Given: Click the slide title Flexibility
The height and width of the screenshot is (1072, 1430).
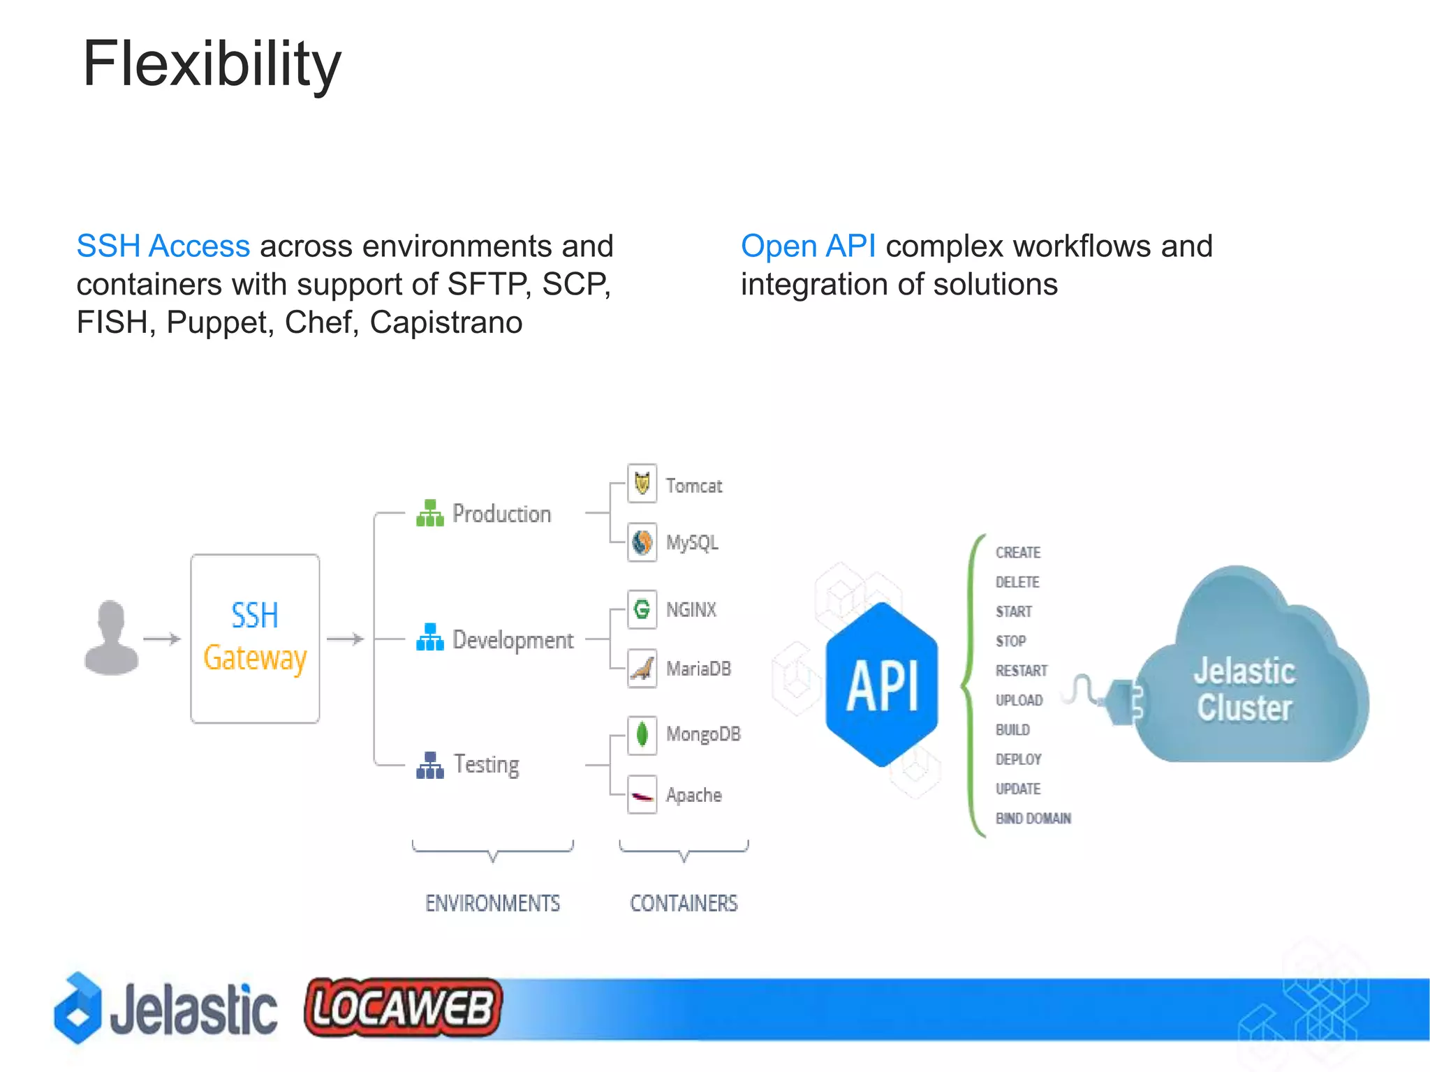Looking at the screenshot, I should pos(212,64).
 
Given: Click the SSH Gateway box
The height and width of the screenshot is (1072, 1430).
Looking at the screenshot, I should pos(255,638).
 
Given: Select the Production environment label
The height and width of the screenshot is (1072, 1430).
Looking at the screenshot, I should pos(501,514).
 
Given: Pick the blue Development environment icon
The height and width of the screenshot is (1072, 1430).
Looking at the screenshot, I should pos(429,637).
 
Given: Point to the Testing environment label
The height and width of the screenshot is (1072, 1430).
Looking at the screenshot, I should pos(486,765).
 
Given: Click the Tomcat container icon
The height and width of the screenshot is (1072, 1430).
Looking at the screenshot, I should pos(642,483).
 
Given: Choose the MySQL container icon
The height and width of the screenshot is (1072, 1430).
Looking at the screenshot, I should pos(642,542).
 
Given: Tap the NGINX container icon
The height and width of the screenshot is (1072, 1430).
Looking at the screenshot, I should pos(642,609).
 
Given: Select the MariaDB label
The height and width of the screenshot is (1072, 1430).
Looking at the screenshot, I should pos(698,669).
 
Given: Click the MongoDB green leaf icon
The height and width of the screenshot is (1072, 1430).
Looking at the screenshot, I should pos(642,734).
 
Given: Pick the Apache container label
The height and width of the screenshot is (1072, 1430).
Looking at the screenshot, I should pos(693,795).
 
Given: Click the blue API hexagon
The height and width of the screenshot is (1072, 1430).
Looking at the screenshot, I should pos(881,685).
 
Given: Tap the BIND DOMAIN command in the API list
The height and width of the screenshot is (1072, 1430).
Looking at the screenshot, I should pos(1033,819).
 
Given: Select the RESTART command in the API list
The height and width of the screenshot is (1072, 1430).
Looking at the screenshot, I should pos(1021,671).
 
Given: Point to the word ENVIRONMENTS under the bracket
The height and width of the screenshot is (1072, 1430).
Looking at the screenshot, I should pos(492,903).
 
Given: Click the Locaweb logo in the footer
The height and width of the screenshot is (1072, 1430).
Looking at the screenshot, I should pos(403,1007).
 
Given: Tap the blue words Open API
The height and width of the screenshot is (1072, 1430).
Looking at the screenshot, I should pos(808,246).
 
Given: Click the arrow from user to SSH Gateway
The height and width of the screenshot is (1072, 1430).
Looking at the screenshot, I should pos(162,639).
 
